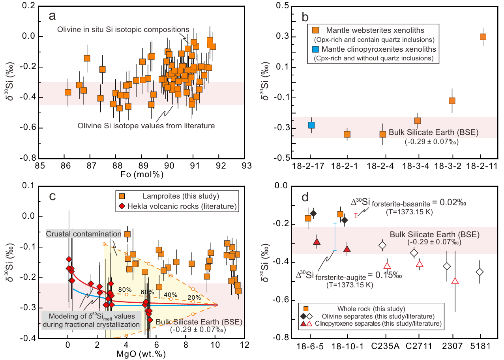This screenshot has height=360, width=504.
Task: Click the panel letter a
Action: click(53, 16)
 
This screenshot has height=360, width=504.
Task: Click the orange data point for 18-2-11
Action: click(483, 37)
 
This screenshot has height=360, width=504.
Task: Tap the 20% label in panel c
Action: click(194, 297)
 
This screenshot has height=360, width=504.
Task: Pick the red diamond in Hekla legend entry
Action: click(122, 206)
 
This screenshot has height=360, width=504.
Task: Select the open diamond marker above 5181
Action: click(480, 272)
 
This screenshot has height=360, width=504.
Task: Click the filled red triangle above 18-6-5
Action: click(317, 242)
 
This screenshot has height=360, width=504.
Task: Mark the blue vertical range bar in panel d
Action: click(335, 236)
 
